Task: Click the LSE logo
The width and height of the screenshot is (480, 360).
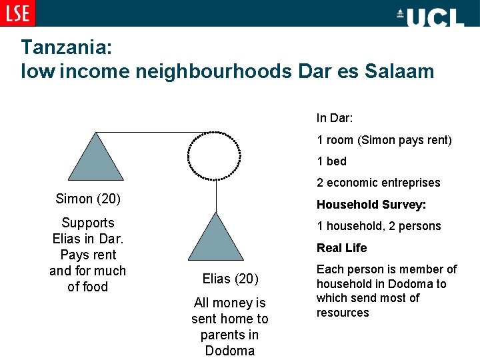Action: [18, 13]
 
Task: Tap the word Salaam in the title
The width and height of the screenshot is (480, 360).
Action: [399, 71]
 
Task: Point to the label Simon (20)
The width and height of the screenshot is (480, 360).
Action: [87, 199]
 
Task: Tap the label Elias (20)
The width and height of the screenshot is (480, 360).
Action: [230, 279]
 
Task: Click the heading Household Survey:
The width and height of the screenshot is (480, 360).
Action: [371, 205]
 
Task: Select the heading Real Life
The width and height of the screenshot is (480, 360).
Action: [341, 248]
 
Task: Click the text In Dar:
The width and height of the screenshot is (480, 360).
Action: [335, 118]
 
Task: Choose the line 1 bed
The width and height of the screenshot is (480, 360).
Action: [331, 161]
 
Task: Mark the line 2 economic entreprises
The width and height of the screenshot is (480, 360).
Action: [379, 183]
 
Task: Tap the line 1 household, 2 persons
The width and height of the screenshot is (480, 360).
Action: [379, 226]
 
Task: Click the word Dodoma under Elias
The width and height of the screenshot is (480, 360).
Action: [229, 351]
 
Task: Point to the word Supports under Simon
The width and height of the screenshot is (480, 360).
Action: [87, 223]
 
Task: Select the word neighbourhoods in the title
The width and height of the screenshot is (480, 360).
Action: [213, 71]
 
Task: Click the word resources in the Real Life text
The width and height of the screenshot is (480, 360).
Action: [343, 313]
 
